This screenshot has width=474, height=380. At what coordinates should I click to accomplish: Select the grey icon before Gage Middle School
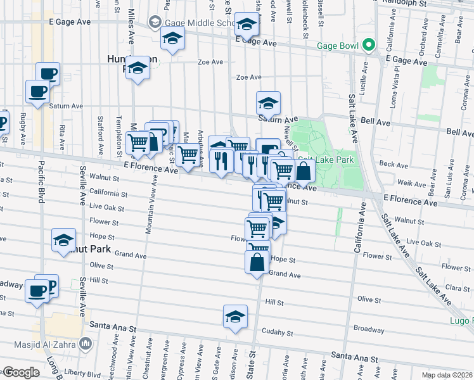click(155, 23)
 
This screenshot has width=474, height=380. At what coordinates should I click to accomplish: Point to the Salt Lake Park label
click(335, 160)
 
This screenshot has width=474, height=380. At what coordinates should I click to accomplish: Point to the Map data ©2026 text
click(447, 375)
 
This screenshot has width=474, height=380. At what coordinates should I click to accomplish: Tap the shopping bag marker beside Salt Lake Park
click(304, 170)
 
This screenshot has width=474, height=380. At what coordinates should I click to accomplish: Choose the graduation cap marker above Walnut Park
click(64, 240)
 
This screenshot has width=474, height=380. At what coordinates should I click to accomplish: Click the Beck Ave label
click(394, 165)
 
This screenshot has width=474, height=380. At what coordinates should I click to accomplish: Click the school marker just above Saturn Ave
click(268, 103)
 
